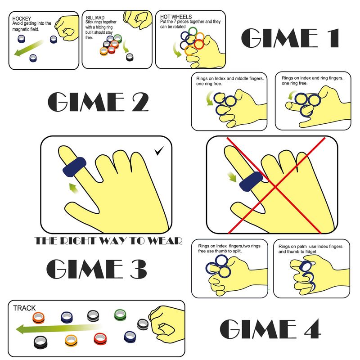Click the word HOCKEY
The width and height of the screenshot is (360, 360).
pyautogui.click(x=22, y=18)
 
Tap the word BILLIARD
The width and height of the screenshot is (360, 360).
pyautogui.click(x=95, y=18)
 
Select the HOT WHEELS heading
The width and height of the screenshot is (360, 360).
pyautogui.click(x=176, y=17)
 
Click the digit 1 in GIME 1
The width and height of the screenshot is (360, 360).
pyautogui.click(x=334, y=38)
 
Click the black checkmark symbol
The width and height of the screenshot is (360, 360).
pyautogui.click(x=159, y=151)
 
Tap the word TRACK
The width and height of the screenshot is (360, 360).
pyautogui.click(x=24, y=308)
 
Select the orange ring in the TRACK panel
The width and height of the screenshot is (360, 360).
pyautogui.click(x=38, y=318)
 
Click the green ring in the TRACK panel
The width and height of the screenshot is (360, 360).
pyautogui.click(x=120, y=315)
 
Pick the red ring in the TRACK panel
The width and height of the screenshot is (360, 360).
pyautogui.click(x=100, y=339)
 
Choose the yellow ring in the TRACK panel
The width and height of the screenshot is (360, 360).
pyautogui.click(x=71, y=341)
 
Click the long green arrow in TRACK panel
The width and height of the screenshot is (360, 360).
pyautogui.click(x=58, y=329)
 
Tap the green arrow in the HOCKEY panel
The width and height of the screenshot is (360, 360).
pyautogui.click(x=29, y=48)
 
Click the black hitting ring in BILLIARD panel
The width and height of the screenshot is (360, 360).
pyautogui.click(x=130, y=57)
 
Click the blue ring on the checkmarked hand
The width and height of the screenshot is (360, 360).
pyautogui.click(x=74, y=167)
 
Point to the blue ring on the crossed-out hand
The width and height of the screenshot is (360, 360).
pyautogui.click(x=251, y=182)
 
